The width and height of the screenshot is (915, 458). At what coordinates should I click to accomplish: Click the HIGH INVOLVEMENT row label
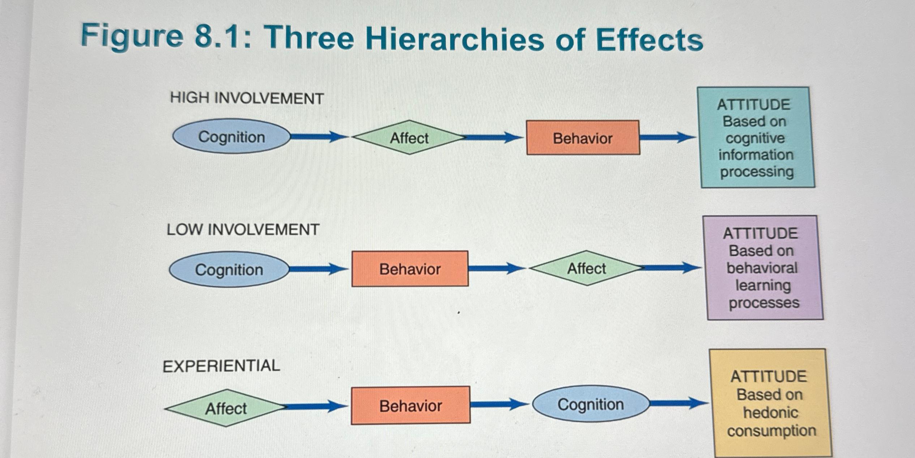[247, 98]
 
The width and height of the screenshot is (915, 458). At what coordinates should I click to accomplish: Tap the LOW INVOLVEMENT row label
[243, 230]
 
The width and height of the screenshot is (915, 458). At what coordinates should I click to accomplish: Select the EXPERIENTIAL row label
[221, 366]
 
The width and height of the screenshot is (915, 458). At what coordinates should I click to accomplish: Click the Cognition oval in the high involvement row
[231, 137]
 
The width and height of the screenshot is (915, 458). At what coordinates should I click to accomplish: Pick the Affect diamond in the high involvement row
[409, 138]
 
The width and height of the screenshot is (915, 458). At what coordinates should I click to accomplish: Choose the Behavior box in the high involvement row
[582, 138]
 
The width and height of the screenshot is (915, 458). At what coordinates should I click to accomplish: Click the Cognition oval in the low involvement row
[229, 270]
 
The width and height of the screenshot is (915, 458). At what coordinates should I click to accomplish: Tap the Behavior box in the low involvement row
[410, 269]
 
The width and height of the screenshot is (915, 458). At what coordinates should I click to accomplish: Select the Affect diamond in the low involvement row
[586, 268]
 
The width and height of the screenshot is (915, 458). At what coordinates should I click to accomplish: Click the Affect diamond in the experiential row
[226, 408]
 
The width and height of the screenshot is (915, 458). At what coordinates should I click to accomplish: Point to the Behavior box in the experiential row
[410, 406]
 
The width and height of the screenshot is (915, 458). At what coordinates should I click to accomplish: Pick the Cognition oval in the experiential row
[590, 404]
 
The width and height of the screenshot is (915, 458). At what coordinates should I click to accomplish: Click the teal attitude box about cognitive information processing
[756, 138]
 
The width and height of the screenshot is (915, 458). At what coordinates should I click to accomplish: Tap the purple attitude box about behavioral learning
[763, 268]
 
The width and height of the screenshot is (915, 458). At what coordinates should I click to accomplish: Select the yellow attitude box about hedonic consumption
[770, 403]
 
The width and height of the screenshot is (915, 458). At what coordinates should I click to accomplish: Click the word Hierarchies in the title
[454, 39]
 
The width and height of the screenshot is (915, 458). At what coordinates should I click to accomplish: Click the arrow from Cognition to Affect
[318, 137]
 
